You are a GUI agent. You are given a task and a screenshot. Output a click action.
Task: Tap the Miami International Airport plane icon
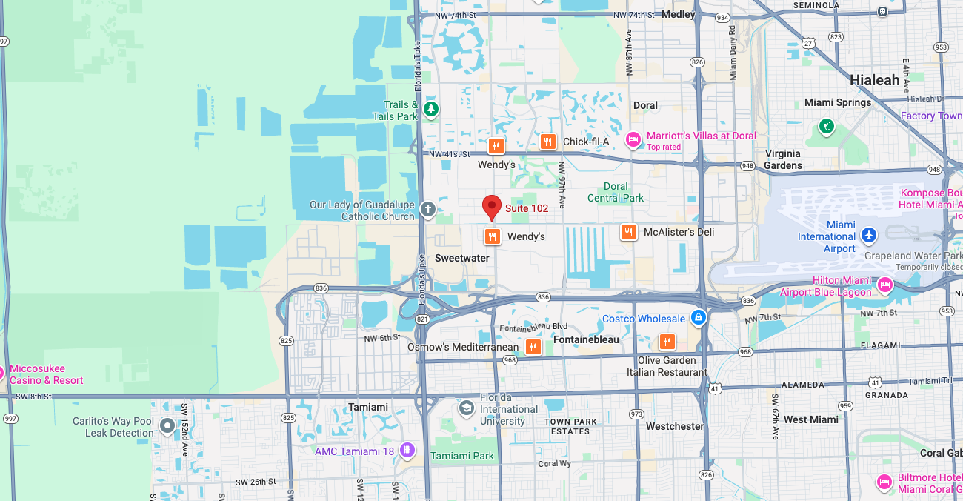tap(869, 236)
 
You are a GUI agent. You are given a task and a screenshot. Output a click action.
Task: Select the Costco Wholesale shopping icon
tap(697, 318)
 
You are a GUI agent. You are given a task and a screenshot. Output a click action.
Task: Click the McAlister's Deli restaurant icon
tap(628, 232)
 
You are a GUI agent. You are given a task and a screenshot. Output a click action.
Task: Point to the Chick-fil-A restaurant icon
tap(547, 142)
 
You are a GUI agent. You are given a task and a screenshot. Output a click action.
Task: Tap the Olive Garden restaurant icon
tap(667, 342)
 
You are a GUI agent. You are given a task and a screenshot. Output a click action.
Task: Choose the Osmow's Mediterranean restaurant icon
tap(533, 346)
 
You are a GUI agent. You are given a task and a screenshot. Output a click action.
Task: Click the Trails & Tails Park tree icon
tap(430, 110)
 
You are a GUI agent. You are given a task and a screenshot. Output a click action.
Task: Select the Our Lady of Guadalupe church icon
tap(427, 210)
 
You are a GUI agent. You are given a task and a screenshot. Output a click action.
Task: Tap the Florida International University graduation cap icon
tap(466, 408)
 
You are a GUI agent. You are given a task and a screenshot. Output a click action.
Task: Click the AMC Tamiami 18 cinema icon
tap(407, 450)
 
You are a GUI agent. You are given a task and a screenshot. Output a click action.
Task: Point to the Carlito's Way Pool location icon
tap(167, 426)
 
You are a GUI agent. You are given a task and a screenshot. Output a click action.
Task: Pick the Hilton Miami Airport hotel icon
tap(884, 285)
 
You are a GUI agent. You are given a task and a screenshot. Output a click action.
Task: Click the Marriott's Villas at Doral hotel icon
tap(633, 139)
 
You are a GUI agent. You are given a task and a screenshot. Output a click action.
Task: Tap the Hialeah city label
tap(874, 80)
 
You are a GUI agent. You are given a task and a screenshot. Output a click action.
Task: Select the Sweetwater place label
tap(461, 258)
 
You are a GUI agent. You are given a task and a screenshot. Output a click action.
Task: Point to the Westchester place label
tap(674, 426)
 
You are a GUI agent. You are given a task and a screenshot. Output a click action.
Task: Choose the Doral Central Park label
tap(616, 192)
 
